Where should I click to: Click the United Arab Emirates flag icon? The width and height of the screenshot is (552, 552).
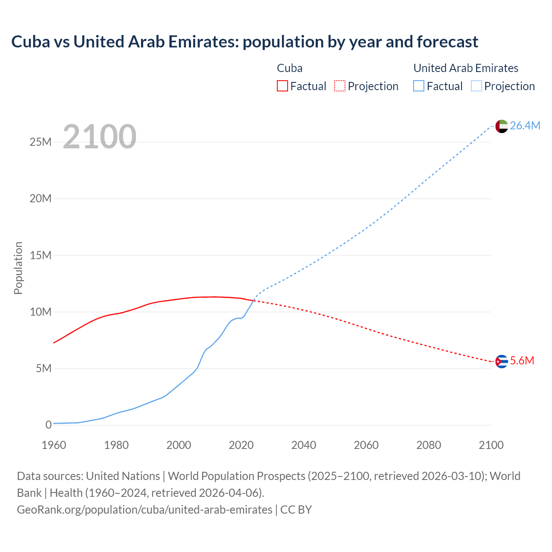502,126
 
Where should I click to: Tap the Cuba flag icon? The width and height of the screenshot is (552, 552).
502,361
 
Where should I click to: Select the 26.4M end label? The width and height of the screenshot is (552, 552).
525,125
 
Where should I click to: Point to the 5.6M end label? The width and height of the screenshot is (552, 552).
522,361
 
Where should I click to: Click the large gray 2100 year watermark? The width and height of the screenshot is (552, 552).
100,137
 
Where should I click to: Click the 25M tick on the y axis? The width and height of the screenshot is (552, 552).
41,142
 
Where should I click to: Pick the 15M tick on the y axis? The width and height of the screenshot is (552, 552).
41,255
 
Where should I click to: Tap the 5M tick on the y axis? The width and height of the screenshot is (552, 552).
44,368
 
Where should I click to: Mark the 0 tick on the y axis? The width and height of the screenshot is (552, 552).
48,425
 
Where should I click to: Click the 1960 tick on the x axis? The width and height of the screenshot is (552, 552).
54,445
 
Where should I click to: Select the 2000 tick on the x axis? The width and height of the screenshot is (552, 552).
179,445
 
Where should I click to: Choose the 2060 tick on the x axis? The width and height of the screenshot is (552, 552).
366,445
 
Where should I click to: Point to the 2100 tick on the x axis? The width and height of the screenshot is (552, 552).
491,445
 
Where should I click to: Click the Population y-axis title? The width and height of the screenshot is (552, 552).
18,268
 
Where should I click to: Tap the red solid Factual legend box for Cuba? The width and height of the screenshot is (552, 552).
282,86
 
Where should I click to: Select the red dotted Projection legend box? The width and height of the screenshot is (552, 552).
340,86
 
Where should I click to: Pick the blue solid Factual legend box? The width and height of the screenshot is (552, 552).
418,86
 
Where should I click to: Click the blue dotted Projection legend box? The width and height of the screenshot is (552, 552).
476,86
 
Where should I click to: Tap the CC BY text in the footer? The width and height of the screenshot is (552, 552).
296,510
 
